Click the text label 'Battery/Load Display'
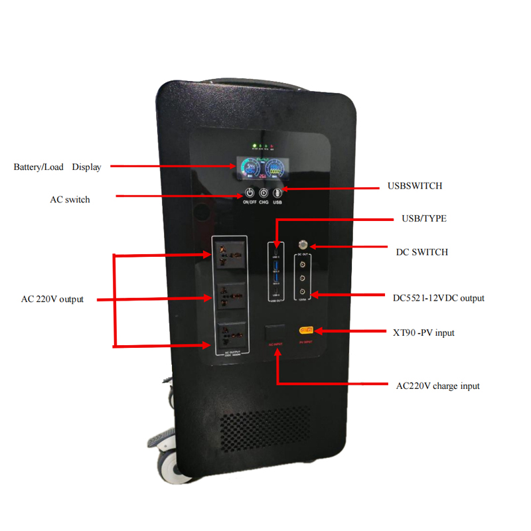click(58, 167)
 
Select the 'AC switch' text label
click(70, 199)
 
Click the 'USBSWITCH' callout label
click(415, 187)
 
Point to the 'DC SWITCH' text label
click(421, 252)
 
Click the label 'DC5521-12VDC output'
click(438, 298)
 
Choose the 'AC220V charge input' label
click(437, 386)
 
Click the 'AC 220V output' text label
click(52, 299)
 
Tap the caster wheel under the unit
click(167, 461)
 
